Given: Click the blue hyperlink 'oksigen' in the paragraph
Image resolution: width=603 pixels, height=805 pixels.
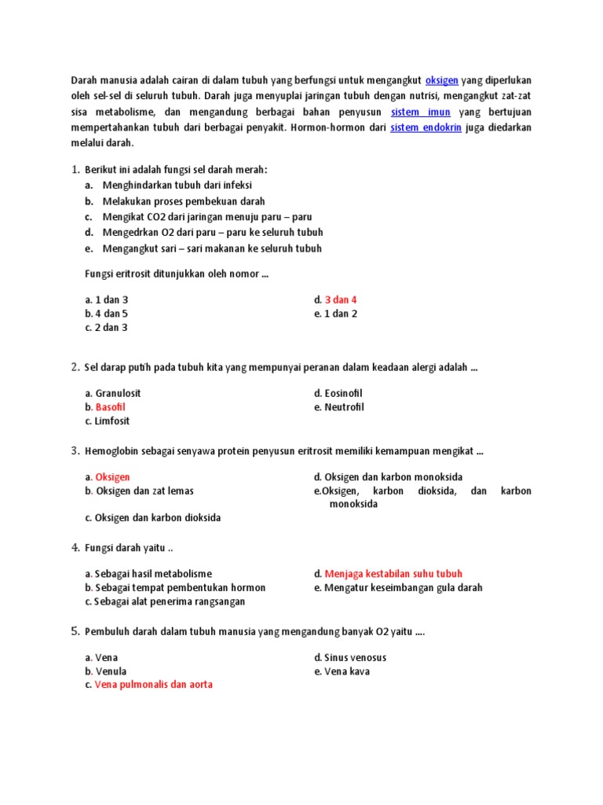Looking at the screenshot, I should [x=441, y=80].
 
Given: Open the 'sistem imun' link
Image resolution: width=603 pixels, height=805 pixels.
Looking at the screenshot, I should [x=421, y=112].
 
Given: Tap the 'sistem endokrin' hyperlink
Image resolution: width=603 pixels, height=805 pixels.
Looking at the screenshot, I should [x=426, y=128].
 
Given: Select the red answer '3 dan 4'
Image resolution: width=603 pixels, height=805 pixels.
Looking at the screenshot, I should [x=341, y=300].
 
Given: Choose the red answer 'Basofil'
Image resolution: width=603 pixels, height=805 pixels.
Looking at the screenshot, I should [x=111, y=407].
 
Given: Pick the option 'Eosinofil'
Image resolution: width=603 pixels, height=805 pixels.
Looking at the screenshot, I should [x=343, y=393].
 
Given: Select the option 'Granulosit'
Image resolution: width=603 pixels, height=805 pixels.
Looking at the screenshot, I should [x=118, y=393].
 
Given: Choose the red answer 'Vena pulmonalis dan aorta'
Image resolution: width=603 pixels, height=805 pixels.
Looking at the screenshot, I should [x=153, y=685].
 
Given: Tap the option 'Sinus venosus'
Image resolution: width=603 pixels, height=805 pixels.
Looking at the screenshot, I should [x=355, y=657].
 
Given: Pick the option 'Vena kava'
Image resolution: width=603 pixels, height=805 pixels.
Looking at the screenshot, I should [x=347, y=671].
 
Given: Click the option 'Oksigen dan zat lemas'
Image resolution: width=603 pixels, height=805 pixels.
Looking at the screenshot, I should [x=144, y=491].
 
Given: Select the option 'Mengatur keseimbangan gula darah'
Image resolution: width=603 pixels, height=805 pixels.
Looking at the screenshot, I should [x=403, y=587].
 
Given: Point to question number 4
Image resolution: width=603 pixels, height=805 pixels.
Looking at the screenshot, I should [x=75, y=547].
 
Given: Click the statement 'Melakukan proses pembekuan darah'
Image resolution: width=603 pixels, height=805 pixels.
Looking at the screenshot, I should [x=184, y=201].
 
